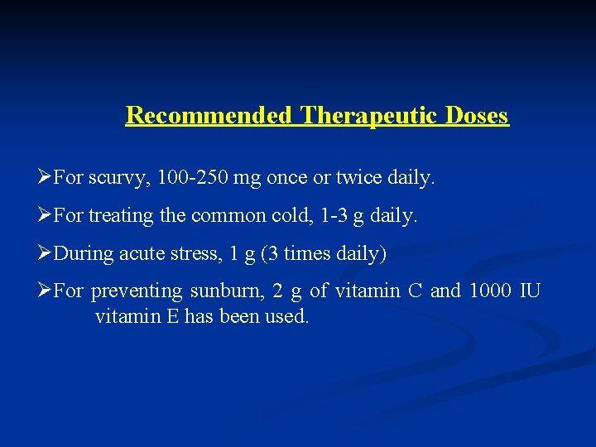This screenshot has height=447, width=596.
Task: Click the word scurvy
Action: click(113, 177)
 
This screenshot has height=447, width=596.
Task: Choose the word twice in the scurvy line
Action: click(358, 177)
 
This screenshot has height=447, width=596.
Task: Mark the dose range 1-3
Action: click(328, 215)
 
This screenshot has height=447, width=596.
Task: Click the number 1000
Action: click(489, 291)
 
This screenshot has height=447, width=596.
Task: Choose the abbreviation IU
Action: click(530, 291)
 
